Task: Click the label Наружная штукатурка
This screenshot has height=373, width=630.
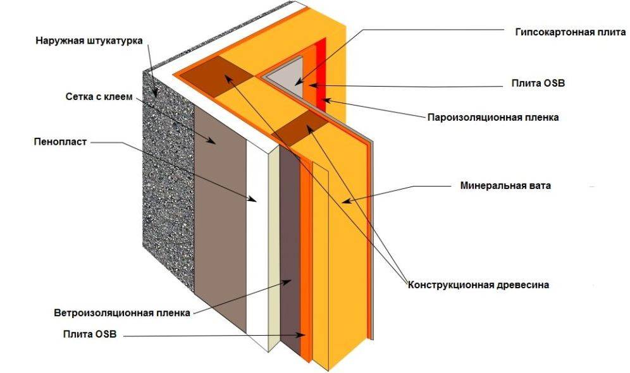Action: coord(89,40)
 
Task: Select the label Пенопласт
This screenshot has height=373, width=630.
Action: coord(59,142)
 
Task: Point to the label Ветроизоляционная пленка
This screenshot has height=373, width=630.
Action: coord(122,313)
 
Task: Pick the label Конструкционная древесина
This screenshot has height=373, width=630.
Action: coord(478,284)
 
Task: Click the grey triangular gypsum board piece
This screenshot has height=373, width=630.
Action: coord(288,75)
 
